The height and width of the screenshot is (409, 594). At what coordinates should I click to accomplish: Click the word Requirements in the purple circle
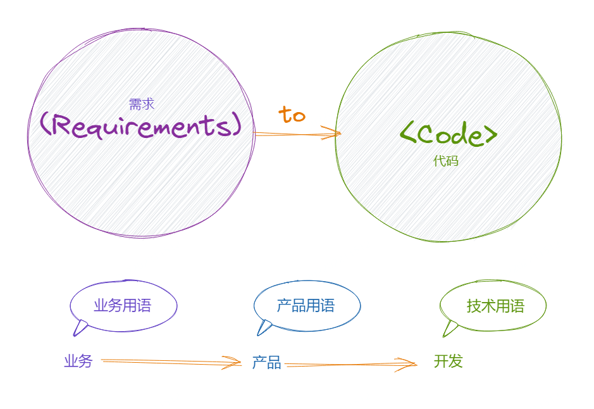(x=140, y=125)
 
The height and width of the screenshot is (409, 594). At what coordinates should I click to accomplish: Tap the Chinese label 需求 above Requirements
(x=142, y=104)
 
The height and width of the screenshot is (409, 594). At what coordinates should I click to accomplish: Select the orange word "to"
(x=292, y=115)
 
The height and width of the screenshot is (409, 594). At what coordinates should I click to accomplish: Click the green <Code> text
(x=449, y=134)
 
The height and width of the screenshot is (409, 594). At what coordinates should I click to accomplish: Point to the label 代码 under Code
(x=445, y=161)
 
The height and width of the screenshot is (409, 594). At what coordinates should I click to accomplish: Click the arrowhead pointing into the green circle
(x=333, y=133)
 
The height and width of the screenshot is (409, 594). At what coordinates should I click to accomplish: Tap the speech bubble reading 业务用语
(x=123, y=306)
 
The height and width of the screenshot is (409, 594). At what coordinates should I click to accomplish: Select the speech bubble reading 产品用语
(x=306, y=306)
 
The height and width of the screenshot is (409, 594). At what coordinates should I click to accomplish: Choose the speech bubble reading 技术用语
(x=495, y=306)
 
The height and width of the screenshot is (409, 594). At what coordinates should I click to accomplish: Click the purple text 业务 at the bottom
(x=78, y=362)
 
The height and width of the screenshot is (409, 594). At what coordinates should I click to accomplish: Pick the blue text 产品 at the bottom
(x=266, y=363)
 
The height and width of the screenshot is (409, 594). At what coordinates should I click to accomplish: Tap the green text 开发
(x=449, y=362)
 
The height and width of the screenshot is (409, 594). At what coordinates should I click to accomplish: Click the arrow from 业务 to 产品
(x=171, y=362)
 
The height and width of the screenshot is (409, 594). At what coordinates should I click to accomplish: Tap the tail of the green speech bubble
(x=450, y=328)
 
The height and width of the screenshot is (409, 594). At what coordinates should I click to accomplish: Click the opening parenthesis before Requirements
(x=46, y=125)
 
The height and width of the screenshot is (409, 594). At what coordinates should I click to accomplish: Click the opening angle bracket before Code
(x=408, y=134)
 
